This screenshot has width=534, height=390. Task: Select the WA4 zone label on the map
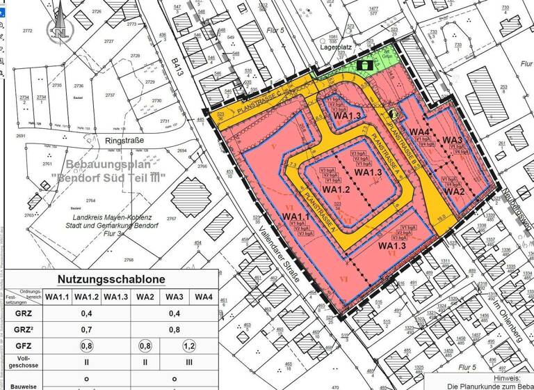coord(419,132)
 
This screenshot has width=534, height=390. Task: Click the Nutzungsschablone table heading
coord(111,279)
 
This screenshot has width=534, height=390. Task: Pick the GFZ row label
coord(22,345)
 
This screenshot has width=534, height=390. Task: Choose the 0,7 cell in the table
coord(86,329)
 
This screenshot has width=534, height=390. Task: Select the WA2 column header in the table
coord(145,297)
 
